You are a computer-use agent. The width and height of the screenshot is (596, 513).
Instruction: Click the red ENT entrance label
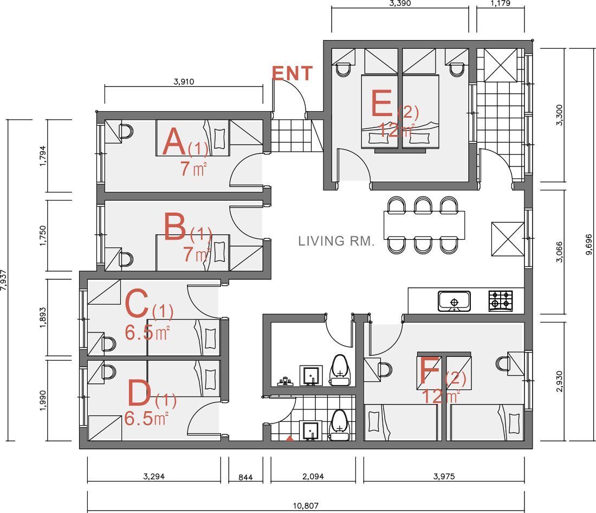click(x=292, y=73)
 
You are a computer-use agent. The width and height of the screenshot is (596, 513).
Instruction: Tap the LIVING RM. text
click(x=336, y=241)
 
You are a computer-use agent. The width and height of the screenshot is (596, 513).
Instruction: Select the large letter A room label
click(x=175, y=142)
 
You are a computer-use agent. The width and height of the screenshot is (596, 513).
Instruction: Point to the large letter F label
click(x=430, y=370)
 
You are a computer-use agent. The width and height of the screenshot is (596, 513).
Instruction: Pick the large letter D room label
click(x=140, y=394)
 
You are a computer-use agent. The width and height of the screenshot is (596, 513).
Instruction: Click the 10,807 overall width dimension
click(x=306, y=506)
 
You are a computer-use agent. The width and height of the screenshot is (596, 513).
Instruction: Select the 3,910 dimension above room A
click(x=184, y=81)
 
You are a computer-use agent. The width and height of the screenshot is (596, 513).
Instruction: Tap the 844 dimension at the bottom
click(x=245, y=477)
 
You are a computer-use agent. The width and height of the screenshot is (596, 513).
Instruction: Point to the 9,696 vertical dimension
click(x=589, y=245)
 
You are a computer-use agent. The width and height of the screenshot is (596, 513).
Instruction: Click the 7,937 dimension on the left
click(x=3, y=280)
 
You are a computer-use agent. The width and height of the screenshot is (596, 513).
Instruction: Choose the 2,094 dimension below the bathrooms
click(x=313, y=476)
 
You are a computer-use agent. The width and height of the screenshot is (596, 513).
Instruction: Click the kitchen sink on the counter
click(x=454, y=301)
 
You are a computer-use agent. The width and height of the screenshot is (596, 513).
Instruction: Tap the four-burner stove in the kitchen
click(x=501, y=300)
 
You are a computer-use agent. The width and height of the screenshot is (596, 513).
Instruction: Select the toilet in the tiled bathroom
click(x=339, y=426)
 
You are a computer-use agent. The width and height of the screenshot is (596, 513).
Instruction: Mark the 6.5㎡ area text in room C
click(x=147, y=333)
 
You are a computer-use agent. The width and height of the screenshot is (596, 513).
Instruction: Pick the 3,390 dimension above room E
click(x=400, y=3)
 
